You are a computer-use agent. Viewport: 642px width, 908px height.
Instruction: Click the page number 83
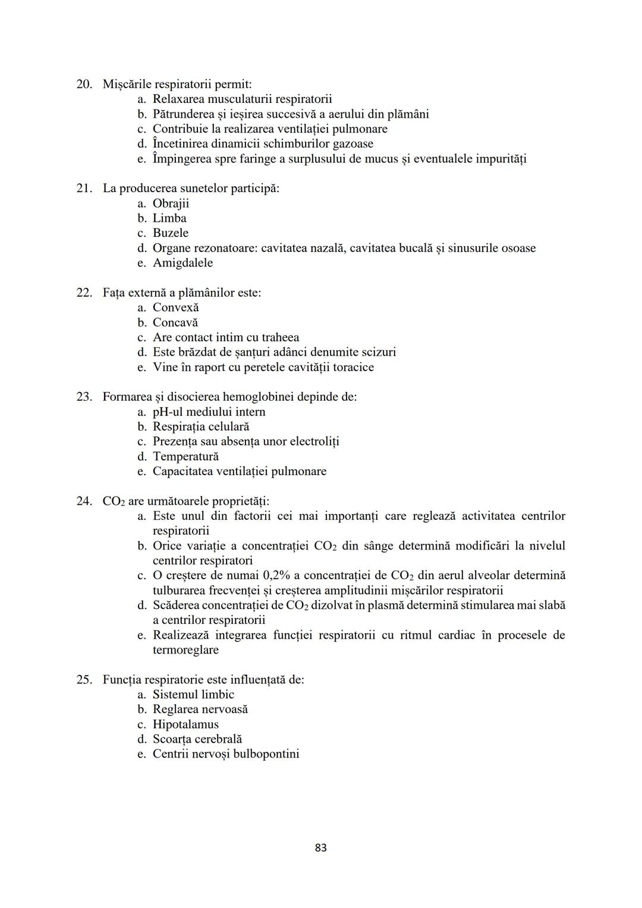pyautogui.click(x=320, y=847)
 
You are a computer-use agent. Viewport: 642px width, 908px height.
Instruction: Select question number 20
pyautogui.click(x=84, y=84)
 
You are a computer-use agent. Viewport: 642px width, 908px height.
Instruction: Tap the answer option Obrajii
pyautogui.click(x=171, y=203)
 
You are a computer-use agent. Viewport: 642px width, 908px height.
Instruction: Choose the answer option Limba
pyautogui.click(x=169, y=218)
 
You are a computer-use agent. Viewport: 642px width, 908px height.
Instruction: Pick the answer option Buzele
pyautogui.click(x=171, y=233)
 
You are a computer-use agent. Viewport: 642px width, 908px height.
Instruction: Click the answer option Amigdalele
pyautogui.click(x=182, y=263)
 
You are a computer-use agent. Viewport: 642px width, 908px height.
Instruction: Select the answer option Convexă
pyautogui.click(x=175, y=307)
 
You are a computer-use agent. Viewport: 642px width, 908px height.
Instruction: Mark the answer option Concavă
pyautogui.click(x=175, y=322)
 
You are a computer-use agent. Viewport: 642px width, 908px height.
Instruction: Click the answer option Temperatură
pyautogui.click(x=185, y=456)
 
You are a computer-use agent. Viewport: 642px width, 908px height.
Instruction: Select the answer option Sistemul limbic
pyautogui.click(x=193, y=695)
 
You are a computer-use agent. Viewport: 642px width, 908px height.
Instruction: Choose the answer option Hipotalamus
pyautogui.click(x=185, y=724)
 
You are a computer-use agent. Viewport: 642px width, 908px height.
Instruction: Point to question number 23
pyautogui.click(x=84, y=397)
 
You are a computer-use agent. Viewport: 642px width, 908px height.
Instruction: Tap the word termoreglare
pyautogui.click(x=185, y=650)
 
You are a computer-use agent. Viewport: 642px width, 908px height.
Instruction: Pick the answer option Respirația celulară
pyautogui.click(x=201, y=426)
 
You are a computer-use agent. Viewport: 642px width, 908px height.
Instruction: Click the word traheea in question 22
pyautogui.click(x=280, y=337)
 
